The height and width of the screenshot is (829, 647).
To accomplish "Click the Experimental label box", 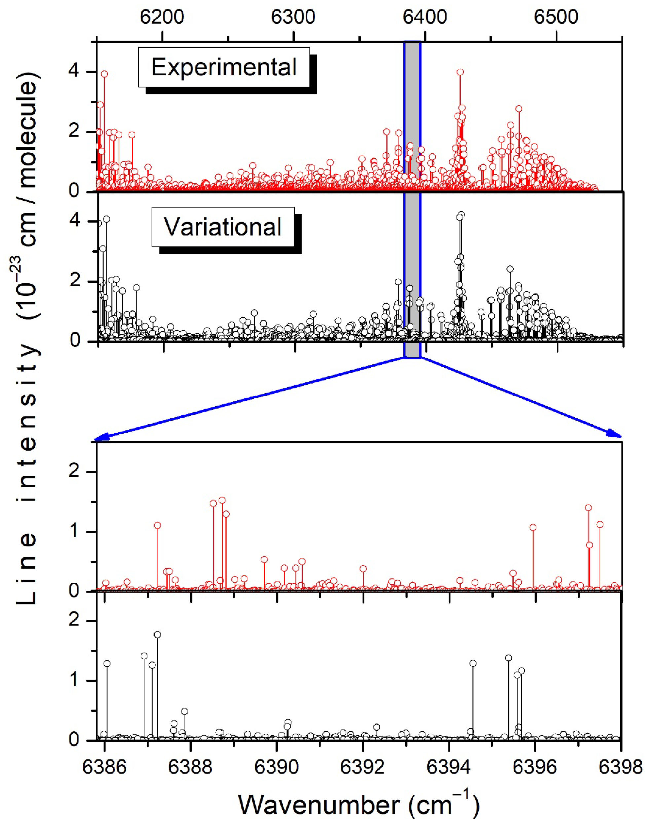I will click(224, 67).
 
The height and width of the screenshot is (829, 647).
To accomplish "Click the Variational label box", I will click(223, 227).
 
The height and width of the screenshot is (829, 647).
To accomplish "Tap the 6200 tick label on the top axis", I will click(162, 17).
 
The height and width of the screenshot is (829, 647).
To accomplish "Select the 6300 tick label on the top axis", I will click(294, 17).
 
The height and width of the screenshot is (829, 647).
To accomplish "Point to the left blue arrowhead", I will click(99, 438).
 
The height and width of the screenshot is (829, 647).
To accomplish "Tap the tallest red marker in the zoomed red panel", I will click(222, 500).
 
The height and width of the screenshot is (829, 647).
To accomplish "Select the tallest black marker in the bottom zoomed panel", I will click(157, 635).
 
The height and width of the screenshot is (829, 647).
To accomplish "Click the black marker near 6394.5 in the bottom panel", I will click(473, 663).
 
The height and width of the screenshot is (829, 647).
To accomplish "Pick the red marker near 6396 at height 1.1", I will click(533, 527).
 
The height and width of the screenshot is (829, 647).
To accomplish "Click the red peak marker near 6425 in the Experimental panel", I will click(460, 72).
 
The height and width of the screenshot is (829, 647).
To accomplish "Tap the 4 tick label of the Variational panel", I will click(76, 221).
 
